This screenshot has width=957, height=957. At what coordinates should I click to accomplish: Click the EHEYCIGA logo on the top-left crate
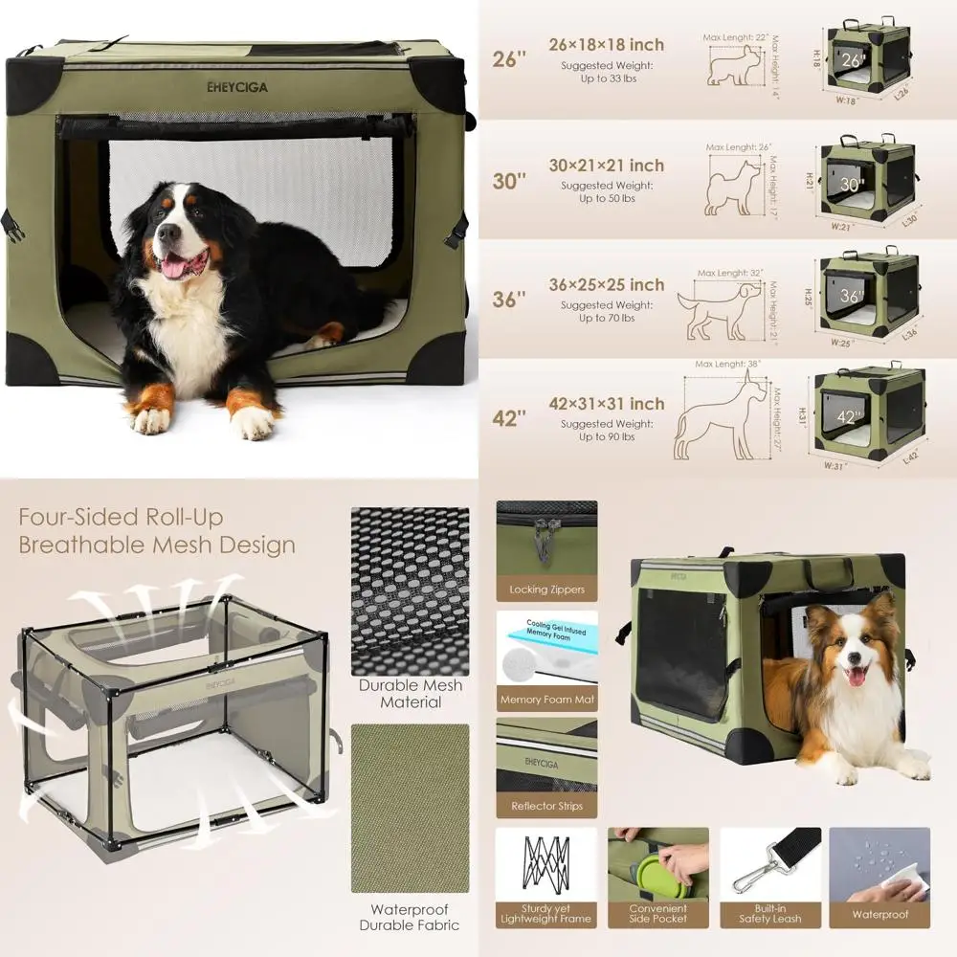[237, 86]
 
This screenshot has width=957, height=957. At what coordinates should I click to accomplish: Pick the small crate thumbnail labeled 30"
[867, 183]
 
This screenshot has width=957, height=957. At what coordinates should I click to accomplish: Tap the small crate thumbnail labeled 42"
[869, 409]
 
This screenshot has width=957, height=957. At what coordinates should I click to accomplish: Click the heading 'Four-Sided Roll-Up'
[122, 518]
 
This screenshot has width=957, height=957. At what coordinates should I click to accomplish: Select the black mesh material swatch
[410, 590]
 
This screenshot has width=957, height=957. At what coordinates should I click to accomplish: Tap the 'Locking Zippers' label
[546, 590]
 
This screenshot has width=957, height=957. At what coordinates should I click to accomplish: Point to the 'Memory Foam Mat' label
[546, 700]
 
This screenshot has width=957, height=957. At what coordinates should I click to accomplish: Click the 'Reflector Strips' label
[546, 806]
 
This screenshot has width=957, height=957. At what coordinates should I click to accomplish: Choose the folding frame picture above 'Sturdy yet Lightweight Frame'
[546, 863]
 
